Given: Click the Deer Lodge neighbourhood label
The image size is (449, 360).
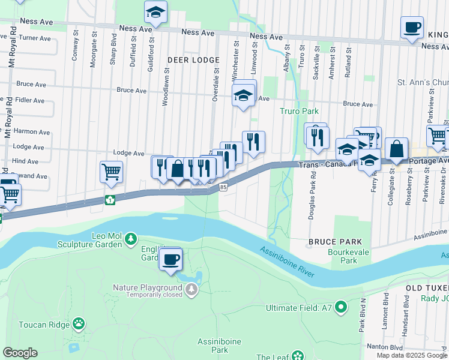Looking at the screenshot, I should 193,61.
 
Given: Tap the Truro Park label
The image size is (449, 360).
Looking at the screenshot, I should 298,111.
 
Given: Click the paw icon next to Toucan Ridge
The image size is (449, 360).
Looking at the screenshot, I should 79,324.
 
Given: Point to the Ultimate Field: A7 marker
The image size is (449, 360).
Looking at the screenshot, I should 341,308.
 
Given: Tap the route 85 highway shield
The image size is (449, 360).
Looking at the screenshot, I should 223,187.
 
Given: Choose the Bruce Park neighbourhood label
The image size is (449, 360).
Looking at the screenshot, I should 328,241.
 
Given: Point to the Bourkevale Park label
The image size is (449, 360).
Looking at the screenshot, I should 343,257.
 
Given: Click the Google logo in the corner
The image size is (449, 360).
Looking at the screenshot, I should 20,353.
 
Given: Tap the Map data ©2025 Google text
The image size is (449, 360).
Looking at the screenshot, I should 411,355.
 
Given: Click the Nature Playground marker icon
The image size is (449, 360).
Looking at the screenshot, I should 191,290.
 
